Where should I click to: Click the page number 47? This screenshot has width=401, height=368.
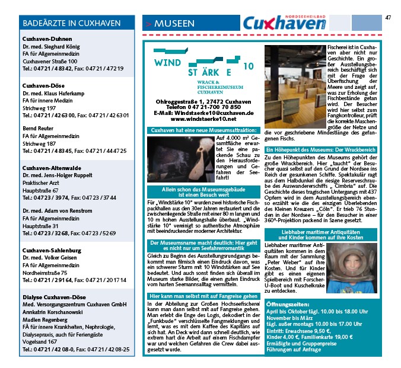(x=388, y=17)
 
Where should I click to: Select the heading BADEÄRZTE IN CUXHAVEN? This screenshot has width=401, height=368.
(x=59, y=23)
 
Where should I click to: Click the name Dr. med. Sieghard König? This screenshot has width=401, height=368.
(x=52, y=46)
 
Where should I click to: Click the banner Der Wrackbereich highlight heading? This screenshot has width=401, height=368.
(x=320, y=150)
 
